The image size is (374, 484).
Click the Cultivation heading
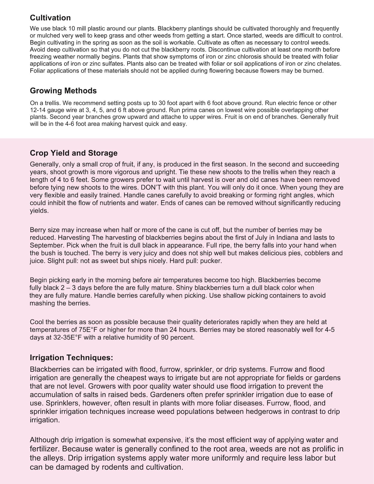coord(50,18)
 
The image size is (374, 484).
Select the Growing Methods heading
coord(63,91)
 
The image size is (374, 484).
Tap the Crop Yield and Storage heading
coord(74,153)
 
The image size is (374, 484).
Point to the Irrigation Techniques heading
coord(71,358)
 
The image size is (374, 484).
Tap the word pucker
coord(213,261)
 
